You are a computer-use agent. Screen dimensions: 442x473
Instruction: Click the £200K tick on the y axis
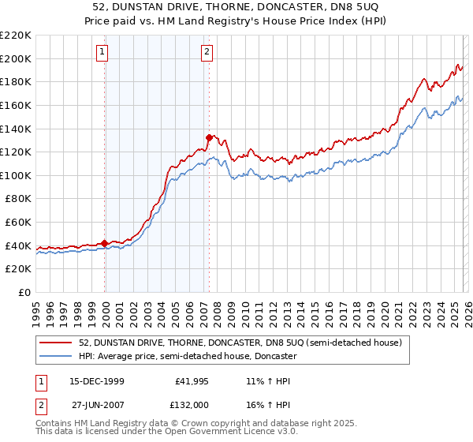click(x=16, y=58)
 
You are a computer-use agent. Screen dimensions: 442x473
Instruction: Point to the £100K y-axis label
click(x=16, y=175)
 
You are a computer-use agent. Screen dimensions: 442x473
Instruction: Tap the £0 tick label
click(x=24, y=292)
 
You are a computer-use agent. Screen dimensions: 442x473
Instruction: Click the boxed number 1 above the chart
click(x=103, y=53)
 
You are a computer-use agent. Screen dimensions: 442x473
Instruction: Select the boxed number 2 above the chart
click(x=207, y=53)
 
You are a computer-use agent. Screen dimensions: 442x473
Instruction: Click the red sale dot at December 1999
click(x=105, y=243)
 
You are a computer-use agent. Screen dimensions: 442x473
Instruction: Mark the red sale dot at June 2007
click(x=209, y=137)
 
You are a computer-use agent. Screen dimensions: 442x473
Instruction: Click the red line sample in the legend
click(x=55, y=343)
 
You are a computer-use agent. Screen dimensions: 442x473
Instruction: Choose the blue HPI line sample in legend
click(x=55, y=356)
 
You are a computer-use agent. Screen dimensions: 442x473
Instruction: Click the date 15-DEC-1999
click(x=91, y=381)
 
